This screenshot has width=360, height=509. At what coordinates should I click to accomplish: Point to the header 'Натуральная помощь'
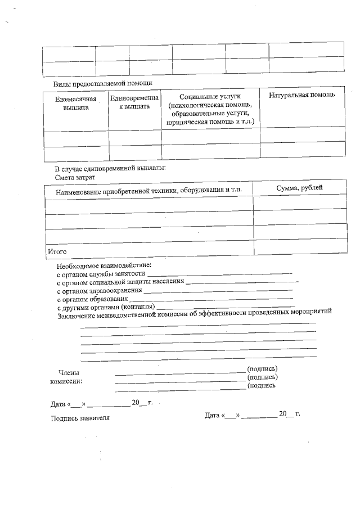(302, 94)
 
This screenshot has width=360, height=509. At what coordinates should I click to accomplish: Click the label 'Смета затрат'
(75, 177)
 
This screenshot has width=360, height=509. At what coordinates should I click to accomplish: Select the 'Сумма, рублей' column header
(299, 188)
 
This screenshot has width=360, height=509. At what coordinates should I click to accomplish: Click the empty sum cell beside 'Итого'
(299, 246)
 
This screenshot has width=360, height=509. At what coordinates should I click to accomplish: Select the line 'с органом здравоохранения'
(99, 291)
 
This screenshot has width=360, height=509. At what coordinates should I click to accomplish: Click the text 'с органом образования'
(92, 299)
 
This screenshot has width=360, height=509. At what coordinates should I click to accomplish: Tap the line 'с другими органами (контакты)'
(105, 308)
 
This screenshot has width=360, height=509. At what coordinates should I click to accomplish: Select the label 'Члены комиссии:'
(69, 376)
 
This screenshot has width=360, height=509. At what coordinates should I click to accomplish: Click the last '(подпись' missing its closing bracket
(262, 386)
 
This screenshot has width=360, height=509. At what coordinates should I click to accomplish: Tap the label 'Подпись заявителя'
(80, 418)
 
